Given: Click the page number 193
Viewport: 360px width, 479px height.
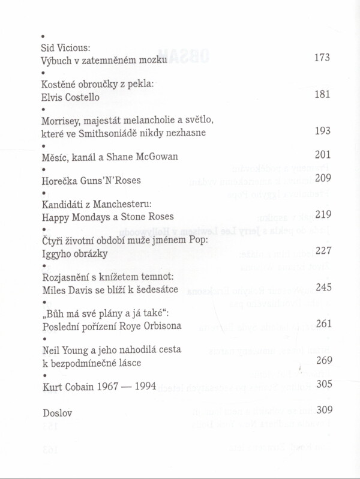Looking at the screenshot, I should tap(323, 131).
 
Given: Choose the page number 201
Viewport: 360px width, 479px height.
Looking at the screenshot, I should tap(323, 154).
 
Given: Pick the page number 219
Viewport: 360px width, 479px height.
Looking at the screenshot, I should tap(323, 214).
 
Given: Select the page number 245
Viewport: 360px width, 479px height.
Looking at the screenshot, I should tap(323, 288).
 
